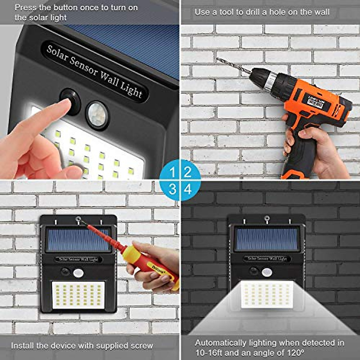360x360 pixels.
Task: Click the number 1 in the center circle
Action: pyautogui.click(x=172, y=172)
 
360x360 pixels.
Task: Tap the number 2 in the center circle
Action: pyautogui.click(x=188, y=172)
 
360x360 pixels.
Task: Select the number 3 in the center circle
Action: pyautogui.click(x=172, y=189)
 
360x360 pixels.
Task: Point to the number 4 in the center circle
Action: pyautogui.click(x=188, y=189)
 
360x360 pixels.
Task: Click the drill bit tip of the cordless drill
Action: pyautogui.click(x=218, y=59)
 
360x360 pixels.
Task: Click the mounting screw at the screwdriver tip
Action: pyautogui.click(x=78, y=220)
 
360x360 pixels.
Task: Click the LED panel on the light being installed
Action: pyautogui.click(x=78, y=295)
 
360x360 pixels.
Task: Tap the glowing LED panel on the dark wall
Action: pyautogui.click(x=267, y=294)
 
